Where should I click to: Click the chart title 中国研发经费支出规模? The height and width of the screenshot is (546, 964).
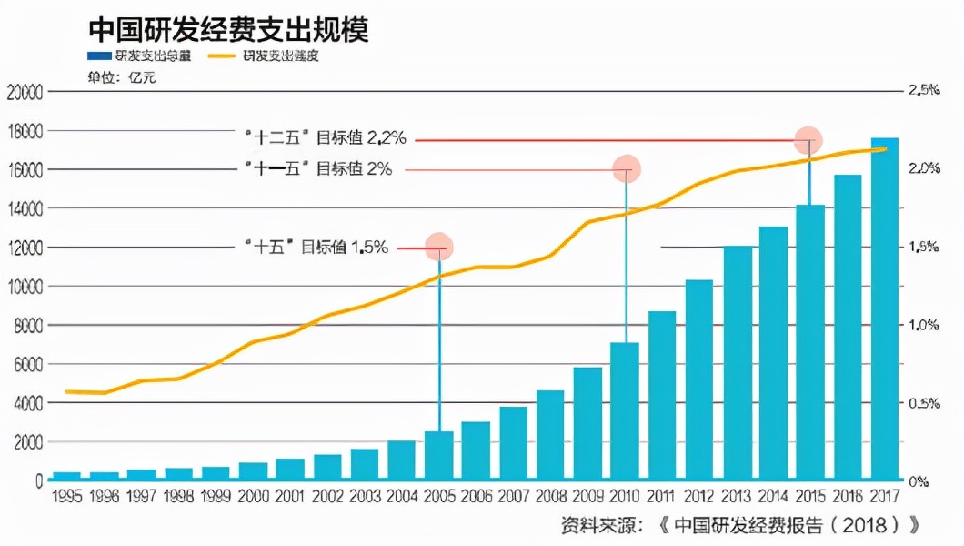tap(228, 29)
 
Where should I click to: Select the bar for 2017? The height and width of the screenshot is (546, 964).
tap(885, 309)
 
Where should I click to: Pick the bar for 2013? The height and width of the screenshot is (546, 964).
tap(737, 363)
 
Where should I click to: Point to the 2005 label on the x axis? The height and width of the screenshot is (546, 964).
tap(439, 496)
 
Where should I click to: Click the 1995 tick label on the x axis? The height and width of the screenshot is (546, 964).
tap(68, 496)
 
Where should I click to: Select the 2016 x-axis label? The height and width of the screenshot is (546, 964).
tap(848, 496)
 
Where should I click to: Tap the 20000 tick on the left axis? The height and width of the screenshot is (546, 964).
tap(25, 92)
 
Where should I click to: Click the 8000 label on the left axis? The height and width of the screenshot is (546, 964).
tap(27, 326)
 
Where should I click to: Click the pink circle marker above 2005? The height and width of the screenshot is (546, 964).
tap(439, 247)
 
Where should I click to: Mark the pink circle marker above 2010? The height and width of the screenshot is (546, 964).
tap(626, 168)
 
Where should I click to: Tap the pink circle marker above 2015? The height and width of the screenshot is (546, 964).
tap(808, 140)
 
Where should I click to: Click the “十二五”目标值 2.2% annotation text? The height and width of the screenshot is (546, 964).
tap(326, 139)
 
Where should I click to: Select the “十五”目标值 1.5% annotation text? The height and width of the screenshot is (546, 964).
tap(316, 247)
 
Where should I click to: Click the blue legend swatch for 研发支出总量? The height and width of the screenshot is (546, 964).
tap(98, 56)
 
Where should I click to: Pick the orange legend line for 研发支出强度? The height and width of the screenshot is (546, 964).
tap(223, 56)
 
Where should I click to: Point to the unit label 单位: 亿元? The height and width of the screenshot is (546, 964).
tap(121, 77)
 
